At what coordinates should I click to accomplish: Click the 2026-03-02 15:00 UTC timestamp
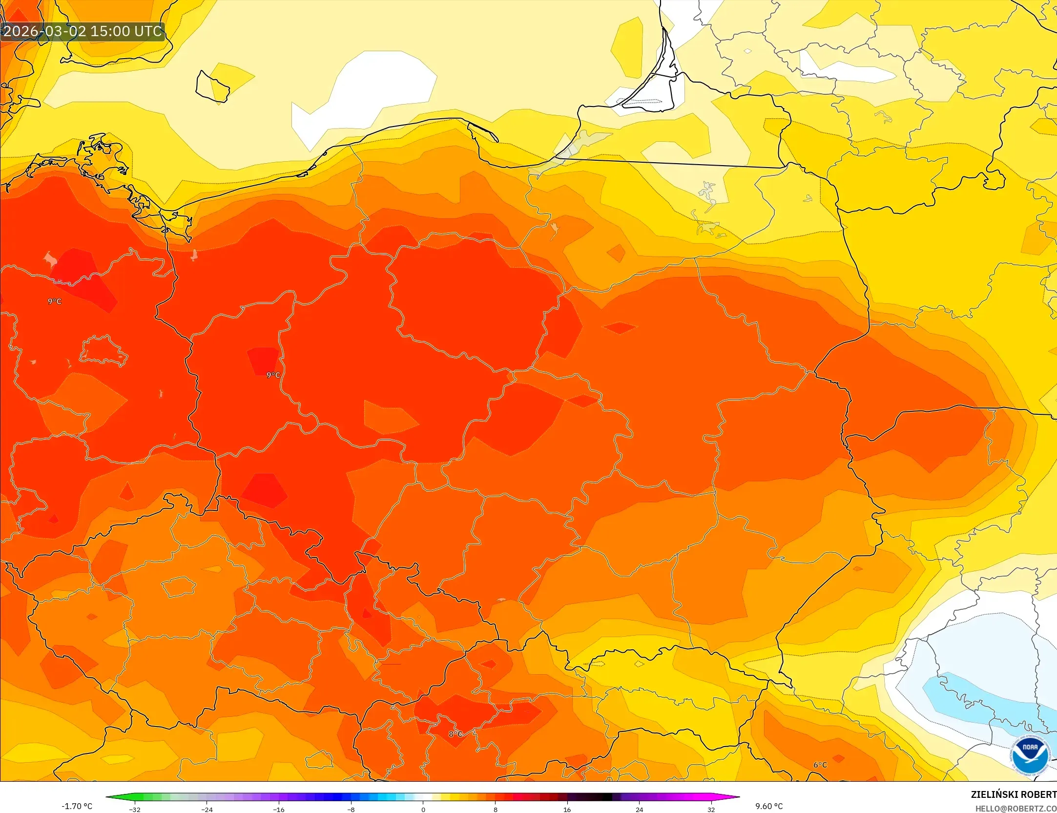coord(82,31)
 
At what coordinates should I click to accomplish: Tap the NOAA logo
coord(1030,755)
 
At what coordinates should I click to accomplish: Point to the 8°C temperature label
coord(455,734)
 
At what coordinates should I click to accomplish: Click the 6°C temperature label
coord(820,765)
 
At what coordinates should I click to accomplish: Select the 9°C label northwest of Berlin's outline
coord(55,301)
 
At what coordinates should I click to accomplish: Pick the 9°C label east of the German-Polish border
coord(273,375)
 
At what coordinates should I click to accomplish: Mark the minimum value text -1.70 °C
coord(77,806)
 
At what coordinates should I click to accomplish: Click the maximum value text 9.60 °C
coord(769,806)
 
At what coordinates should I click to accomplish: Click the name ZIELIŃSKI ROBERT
coord(1014,794)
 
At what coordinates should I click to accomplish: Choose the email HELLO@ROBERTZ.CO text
coord(1016,809)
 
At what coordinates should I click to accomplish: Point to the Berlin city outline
coord(104,350)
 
